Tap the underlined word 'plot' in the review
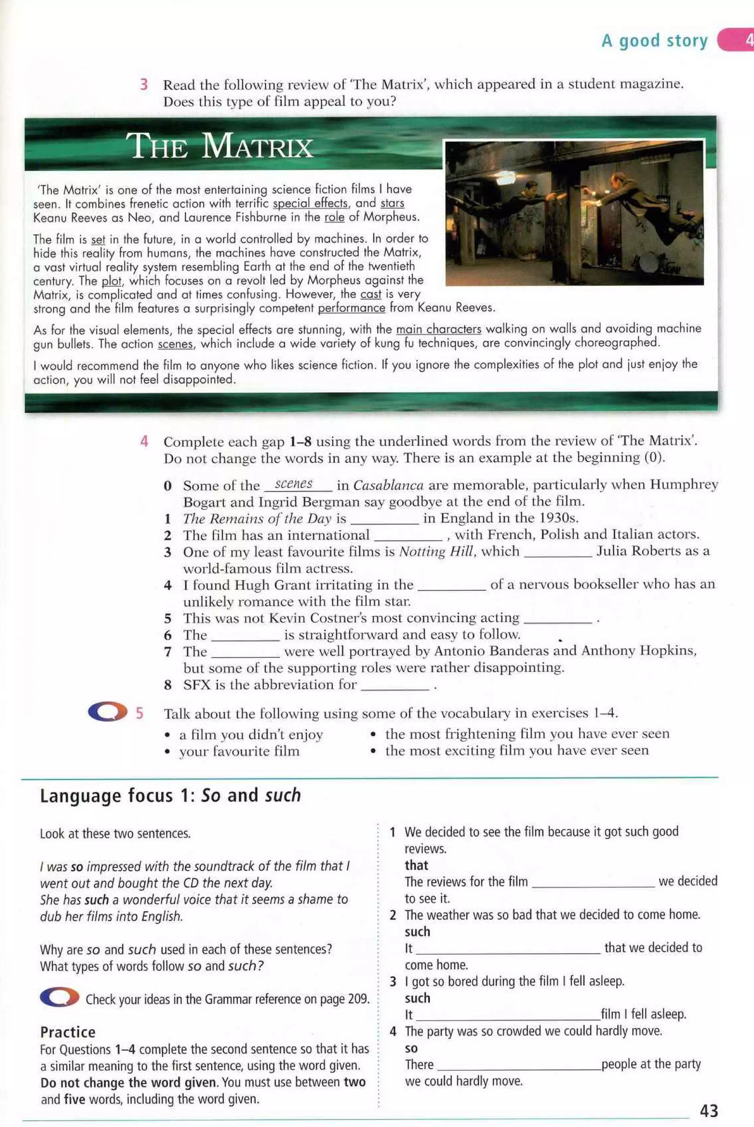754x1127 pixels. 111,281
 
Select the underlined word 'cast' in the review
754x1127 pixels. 370,294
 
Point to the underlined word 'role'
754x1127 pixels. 334,217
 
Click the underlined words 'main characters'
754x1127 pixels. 438,329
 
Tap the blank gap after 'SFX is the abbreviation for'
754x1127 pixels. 394,686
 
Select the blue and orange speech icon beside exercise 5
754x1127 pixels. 107,712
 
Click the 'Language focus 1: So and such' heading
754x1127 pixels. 170,796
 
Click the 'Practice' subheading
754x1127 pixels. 68,1032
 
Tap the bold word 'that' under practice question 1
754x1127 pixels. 416,865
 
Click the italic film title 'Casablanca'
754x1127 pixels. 388,485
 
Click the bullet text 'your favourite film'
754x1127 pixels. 239,751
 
